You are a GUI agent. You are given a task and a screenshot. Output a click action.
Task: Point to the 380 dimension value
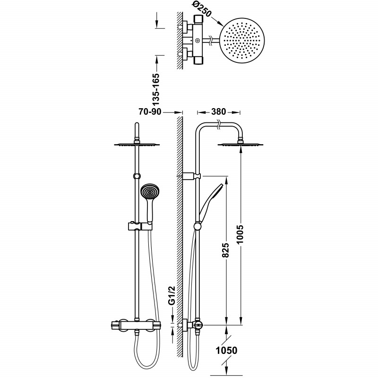[218, 112]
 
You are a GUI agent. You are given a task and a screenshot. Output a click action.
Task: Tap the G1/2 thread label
[172, 295]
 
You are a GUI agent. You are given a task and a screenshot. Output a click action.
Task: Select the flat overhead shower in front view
[137, 145]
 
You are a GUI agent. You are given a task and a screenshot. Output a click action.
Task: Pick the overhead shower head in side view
[241, 145]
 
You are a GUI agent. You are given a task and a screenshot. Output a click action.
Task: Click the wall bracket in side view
[191, 176]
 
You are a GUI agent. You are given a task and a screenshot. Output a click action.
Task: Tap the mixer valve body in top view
[198, 40]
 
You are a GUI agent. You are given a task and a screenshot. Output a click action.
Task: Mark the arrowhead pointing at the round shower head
[221, 25]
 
